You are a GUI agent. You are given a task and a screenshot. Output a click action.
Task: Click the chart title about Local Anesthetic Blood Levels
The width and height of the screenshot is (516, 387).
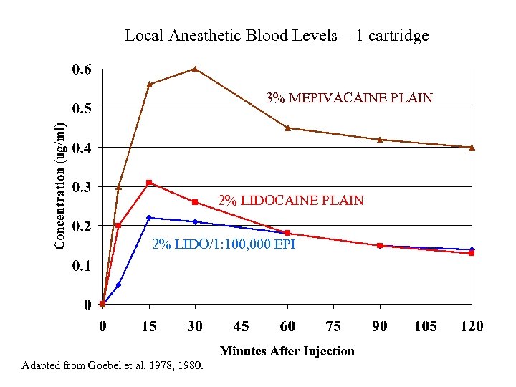[x=277, y=35]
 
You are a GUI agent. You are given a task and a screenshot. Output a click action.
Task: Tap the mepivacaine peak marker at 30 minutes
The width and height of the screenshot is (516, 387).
[x=195, y=70]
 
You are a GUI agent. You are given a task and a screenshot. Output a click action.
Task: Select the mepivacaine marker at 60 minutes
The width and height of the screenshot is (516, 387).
[x=287, y=128]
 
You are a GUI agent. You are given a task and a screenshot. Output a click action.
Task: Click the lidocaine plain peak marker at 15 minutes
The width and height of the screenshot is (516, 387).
[x=149, y=183]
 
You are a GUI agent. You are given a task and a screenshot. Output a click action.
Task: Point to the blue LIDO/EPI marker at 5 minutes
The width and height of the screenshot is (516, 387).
[x=118, y=285]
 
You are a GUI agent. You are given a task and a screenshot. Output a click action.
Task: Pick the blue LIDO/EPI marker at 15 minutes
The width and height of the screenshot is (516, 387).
[x=149, y=218]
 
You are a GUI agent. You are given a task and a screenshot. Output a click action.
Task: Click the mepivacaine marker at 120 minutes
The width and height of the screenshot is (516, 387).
[x=472, y=148]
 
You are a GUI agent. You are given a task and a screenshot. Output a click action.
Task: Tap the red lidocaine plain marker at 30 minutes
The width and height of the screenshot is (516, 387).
[x=195, y=202]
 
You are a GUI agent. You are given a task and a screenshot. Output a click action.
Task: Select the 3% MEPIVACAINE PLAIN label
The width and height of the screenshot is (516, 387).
[x=350, y=98]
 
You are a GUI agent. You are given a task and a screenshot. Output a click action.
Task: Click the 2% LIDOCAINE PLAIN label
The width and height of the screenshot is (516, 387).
[x=291, y=201]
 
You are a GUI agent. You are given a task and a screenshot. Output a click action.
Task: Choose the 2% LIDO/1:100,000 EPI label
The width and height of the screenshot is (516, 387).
[x=224, y=245]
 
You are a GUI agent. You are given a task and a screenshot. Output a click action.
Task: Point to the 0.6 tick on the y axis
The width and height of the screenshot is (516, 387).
[x=82, y=70]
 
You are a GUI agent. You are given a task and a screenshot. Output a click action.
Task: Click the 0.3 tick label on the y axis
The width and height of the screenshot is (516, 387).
[x=82, y=187]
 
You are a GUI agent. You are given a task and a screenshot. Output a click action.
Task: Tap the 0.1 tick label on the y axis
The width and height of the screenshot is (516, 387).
[x=82, y=266]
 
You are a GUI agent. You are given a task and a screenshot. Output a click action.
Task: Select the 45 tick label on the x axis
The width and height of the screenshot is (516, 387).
[x=242, y=327]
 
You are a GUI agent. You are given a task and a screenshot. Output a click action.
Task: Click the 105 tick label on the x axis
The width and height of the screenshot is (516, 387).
[x=426, y=327]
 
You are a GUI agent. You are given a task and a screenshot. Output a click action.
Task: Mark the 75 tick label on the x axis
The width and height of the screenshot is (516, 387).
[x=333, y=327]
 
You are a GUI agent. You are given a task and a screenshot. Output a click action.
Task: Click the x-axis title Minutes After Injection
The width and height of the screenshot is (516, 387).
[x=287, y=351]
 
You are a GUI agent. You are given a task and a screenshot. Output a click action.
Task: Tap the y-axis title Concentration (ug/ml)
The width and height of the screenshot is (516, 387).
[x=61, y=185]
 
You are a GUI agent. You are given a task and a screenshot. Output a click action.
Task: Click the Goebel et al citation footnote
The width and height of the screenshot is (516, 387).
[x=113, y=366]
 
